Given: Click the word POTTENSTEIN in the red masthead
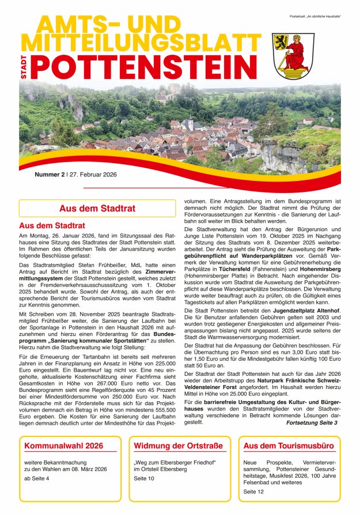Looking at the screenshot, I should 144,67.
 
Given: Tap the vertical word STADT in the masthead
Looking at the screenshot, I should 24,67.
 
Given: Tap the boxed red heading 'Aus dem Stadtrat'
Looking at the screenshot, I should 97,208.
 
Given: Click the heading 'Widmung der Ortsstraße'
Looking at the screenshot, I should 177,446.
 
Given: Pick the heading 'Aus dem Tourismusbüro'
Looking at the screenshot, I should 289,446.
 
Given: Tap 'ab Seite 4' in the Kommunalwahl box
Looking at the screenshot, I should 36,478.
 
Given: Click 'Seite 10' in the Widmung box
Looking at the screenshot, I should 144,478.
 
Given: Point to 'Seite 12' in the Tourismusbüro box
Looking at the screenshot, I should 253,492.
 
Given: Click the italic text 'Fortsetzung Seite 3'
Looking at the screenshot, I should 311,422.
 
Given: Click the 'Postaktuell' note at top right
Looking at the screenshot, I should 315,16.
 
